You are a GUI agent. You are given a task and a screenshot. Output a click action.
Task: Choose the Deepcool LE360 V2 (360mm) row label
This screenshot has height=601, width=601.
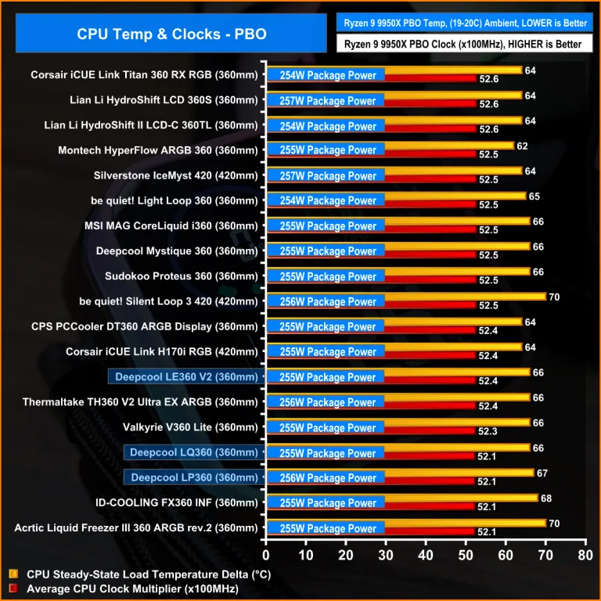tap(185, 377)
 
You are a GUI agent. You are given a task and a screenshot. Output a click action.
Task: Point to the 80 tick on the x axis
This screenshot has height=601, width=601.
tap(585, 556)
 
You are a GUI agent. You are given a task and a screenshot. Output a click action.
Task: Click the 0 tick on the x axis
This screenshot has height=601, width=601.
tap(266, 556)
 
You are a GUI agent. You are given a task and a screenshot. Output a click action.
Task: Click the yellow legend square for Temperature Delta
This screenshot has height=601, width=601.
tap(13, 574)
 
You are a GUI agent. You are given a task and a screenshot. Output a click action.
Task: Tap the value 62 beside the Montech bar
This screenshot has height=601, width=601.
tap(523, 146)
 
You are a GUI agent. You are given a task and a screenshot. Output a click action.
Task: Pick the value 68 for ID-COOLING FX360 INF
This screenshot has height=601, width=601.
tap(547, 498)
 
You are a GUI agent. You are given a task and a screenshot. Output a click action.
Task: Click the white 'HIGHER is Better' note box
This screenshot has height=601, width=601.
tap(465, 44)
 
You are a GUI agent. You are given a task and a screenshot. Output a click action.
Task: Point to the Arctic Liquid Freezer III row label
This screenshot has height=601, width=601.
tap(135, 528)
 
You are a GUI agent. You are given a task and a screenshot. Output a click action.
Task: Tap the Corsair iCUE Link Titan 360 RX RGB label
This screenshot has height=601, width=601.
tap(144, 76)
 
